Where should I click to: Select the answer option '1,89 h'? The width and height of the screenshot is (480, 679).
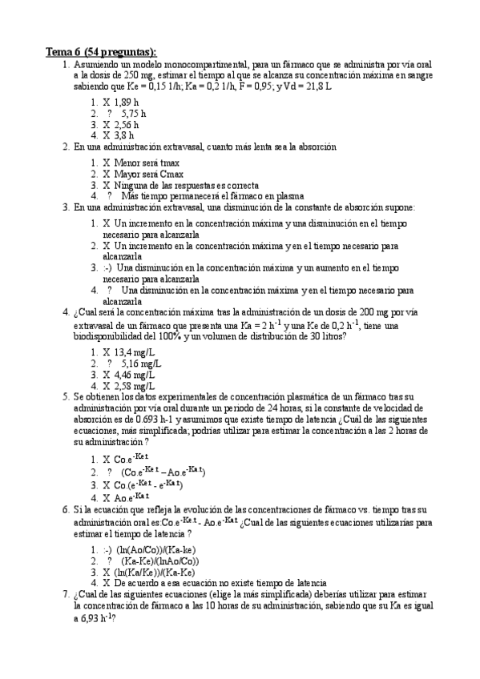(127, 102)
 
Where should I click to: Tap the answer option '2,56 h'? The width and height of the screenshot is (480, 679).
(127, 125)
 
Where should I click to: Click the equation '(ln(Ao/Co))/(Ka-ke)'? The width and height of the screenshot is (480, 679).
(156, 550)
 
